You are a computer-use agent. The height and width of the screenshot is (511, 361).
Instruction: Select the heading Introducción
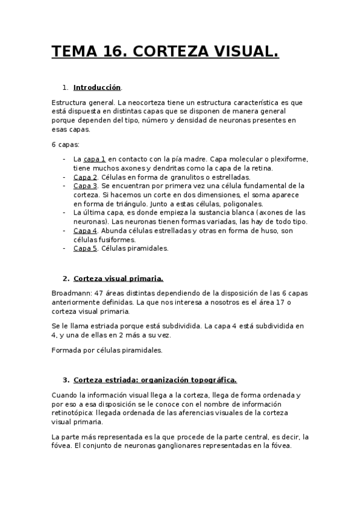(97, 87)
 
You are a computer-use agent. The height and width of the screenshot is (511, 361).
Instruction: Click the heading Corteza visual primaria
(118, 279)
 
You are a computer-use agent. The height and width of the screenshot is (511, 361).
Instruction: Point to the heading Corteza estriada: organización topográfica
(155, 380)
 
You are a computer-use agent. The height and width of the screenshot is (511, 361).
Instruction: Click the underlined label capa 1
(95, 159)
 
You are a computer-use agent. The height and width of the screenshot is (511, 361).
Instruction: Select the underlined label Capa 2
(85, 177)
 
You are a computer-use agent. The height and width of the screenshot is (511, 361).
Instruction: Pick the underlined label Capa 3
(85, 186)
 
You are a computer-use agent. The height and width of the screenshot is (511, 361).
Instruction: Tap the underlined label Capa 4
(85, 231)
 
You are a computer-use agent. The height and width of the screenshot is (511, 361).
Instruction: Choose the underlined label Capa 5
(85, 248)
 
